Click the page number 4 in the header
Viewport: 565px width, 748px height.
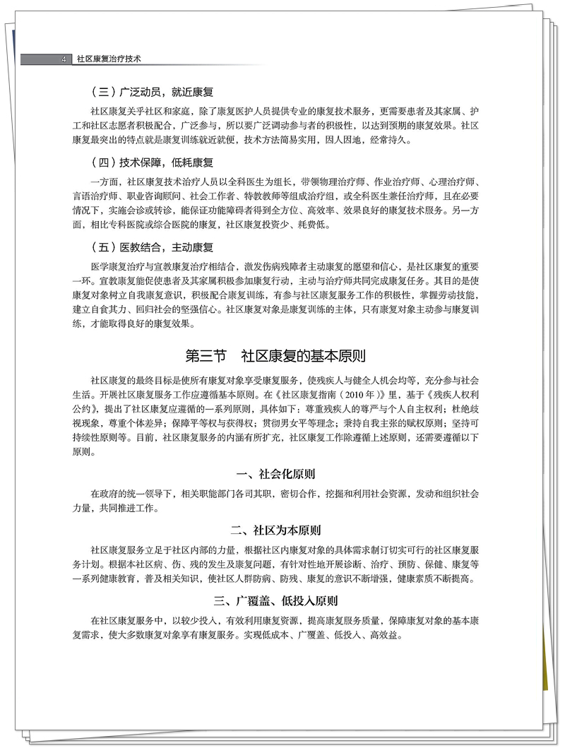[64, 60]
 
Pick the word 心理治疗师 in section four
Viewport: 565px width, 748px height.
[453, 181]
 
